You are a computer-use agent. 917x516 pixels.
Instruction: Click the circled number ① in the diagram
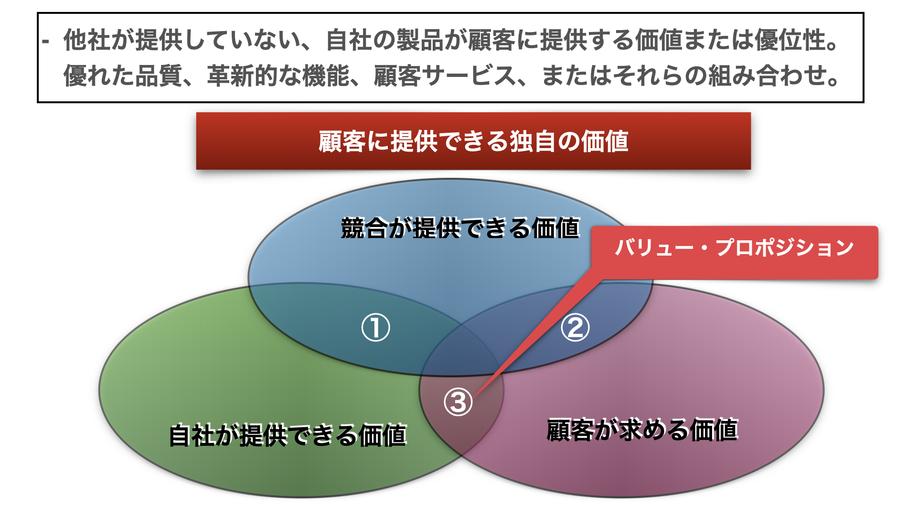(x=375, y=328)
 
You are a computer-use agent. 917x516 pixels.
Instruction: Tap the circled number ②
(x=575, y=328)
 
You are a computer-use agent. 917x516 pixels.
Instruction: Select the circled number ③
(x=458, y=402)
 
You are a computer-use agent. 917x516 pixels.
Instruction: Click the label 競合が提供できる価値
(x=460, y=228)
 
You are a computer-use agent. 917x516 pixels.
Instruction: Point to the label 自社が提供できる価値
(x=288, y=435)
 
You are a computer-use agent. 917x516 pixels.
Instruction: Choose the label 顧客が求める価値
(x=642, y=429)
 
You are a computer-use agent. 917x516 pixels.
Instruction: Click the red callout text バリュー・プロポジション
(x=735, y=247)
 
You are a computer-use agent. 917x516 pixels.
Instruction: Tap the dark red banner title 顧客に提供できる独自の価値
(x=473, y=141)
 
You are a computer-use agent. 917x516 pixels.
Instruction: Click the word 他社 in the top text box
(x=87, y=40)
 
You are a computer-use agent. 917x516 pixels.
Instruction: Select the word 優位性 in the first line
(x=791, y=40)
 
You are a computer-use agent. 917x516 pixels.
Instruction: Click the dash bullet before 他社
(x=45, y=42)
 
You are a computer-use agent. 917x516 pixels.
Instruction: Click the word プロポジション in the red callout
(x=785, y=247)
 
